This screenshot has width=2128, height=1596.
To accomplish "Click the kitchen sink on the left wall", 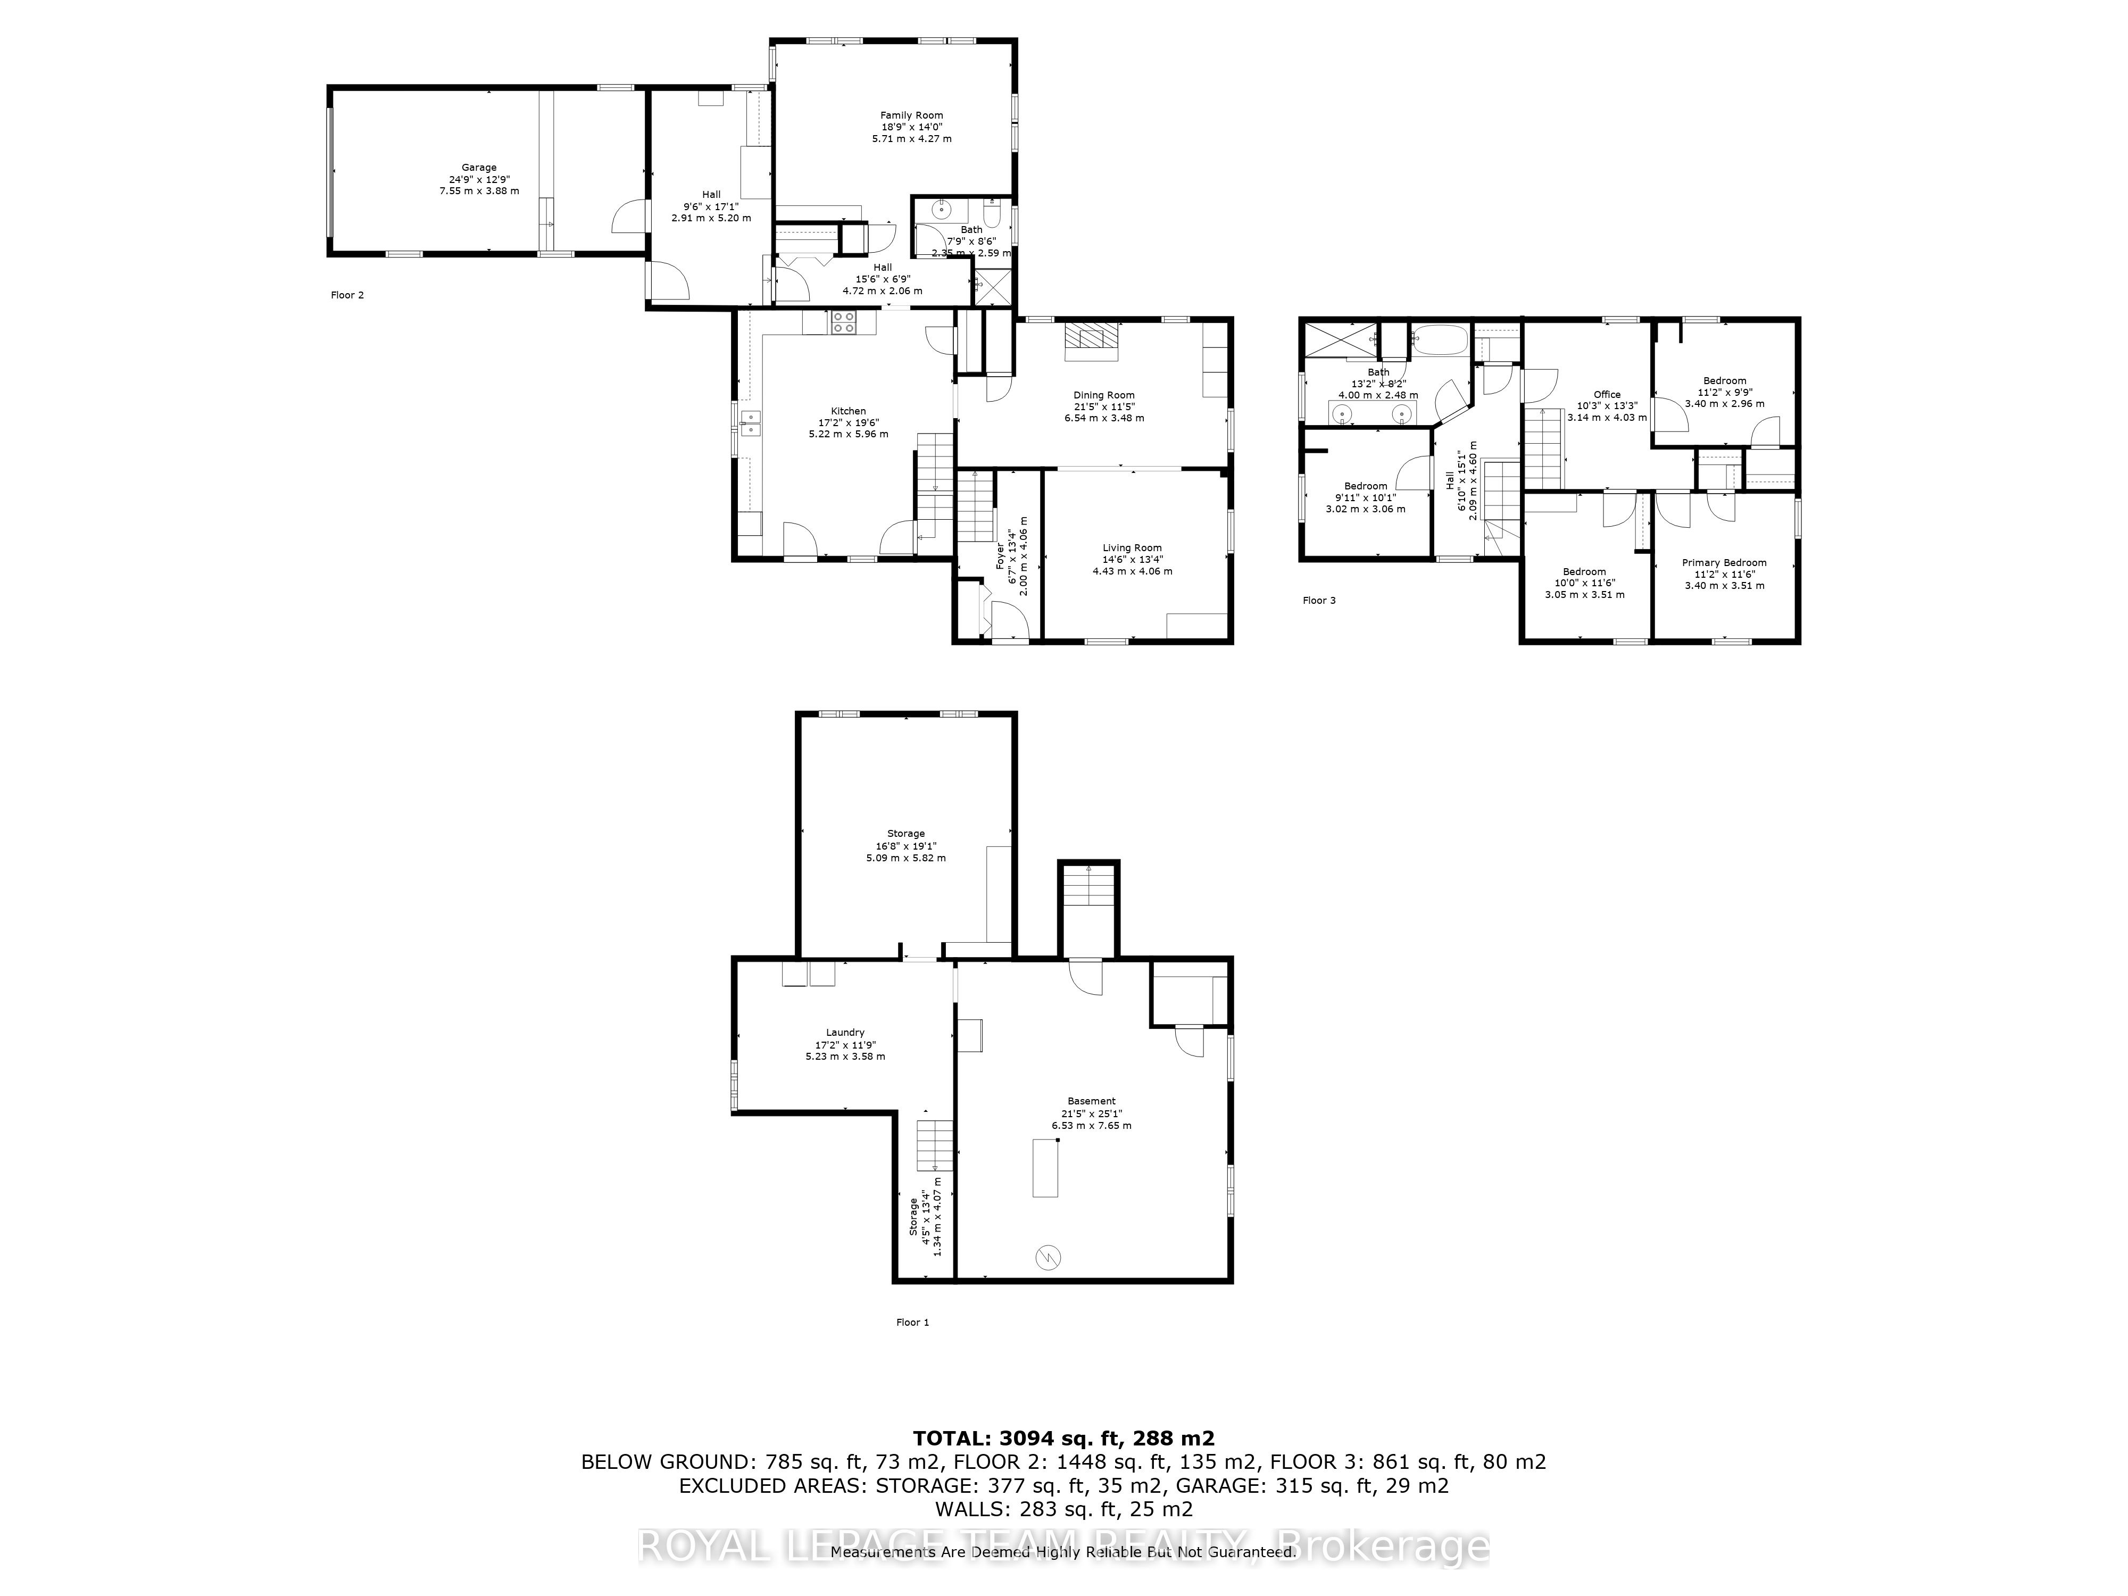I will point(750,423).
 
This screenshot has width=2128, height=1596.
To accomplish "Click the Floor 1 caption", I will point(912,1322).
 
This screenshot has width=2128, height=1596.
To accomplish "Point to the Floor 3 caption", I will point(1319,600).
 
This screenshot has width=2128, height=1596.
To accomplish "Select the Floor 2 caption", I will point(347,295).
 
